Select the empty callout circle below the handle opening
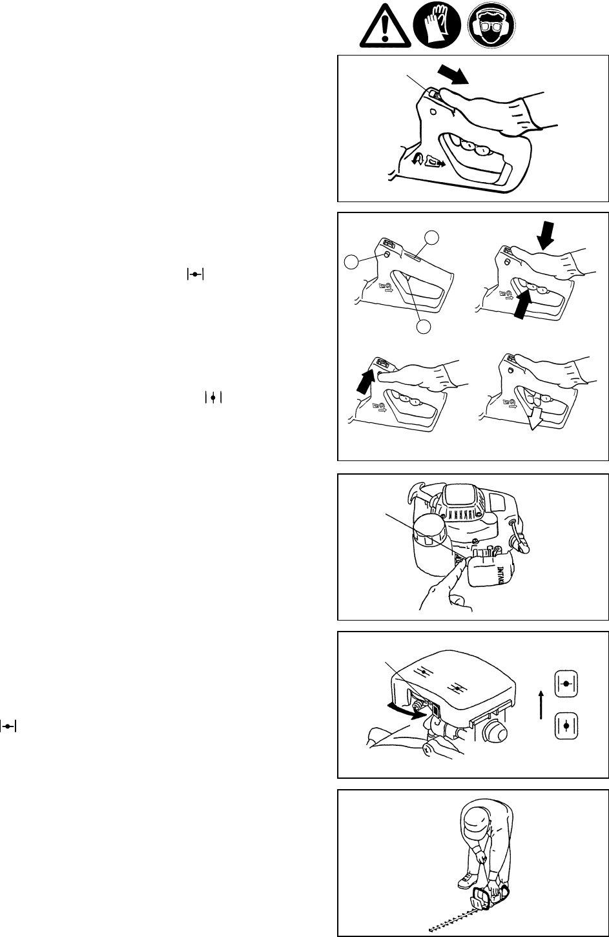coord(423,327)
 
